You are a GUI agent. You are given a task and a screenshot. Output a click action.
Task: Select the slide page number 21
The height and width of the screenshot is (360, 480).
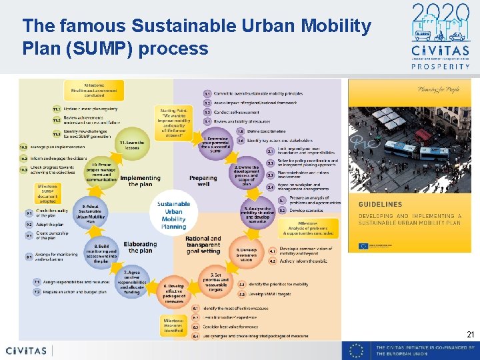pyautogui.click(x=471, y=335)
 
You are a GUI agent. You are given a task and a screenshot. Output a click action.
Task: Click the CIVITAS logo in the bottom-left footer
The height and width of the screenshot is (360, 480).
pyautogui.click(x=27, y=351)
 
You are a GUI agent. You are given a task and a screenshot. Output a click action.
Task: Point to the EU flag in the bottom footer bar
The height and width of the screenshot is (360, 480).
pyautogui.click(x=357, y=351)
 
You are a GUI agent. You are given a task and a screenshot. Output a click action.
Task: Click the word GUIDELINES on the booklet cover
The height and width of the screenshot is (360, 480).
pyautogui.click(x=380, y=205)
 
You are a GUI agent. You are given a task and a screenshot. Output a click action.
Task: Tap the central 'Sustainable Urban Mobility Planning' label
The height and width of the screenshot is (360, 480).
pyautogui.click(x=174, y=215)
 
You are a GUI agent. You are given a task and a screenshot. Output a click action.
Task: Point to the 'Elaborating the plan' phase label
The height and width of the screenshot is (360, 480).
pyautogui.click(x=141, y=247)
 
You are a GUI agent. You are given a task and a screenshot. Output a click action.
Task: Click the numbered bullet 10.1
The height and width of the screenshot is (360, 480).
pyautogui.click(x=24, y=146)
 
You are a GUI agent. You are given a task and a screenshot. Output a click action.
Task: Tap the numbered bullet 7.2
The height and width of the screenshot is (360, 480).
pyautogui.click(x=37, y=292)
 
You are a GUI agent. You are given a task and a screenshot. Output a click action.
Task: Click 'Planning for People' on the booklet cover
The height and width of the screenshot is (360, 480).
pyautogui.click(x=419, y=89)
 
